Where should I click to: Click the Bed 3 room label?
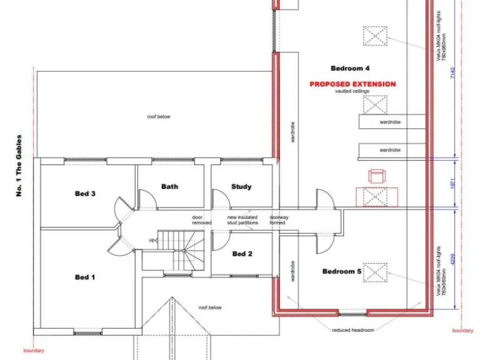85,194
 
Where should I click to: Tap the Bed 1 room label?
82,277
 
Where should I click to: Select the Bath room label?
169,186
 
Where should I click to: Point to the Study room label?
241,186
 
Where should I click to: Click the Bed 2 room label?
242,254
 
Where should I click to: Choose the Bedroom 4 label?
350,67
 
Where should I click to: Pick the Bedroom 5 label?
342,271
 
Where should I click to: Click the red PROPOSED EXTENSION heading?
352,84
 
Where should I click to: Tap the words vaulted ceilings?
352,91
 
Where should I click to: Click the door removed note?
202,220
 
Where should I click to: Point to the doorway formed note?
277,220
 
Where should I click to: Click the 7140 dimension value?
452,73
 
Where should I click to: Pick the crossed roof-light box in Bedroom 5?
376,272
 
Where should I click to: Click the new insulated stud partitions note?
242,220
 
